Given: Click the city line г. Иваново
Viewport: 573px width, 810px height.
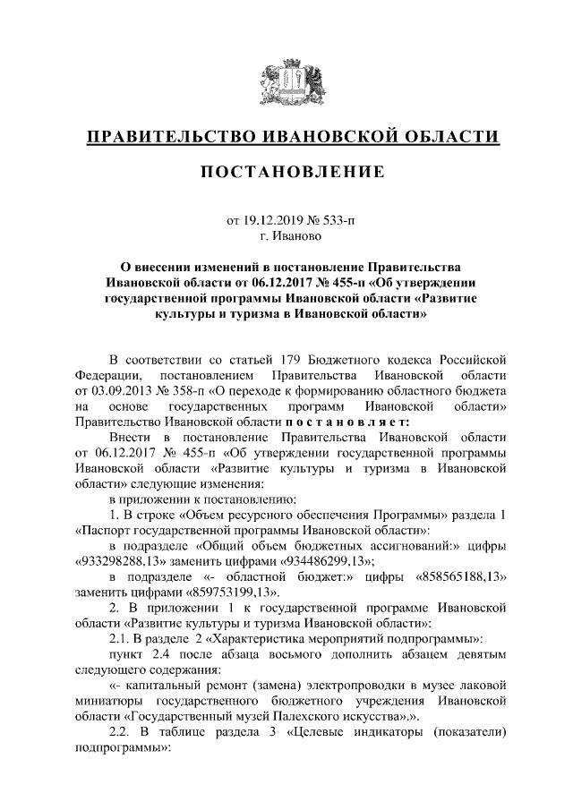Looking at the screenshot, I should tap(286, 236).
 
